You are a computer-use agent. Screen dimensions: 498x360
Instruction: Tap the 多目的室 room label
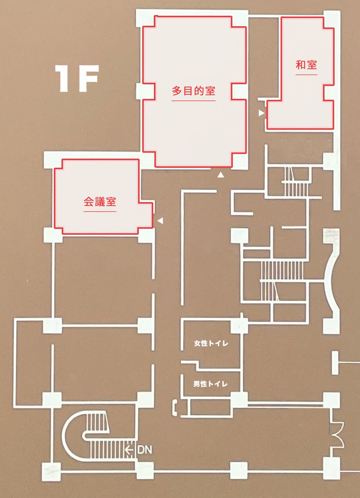[193, 91]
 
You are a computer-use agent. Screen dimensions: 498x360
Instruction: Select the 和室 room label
[306, 65]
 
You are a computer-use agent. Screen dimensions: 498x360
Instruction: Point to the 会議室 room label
[100, 202]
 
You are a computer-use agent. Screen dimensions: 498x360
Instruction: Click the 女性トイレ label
[211, 343]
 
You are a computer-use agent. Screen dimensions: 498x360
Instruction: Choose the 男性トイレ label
[211, 384]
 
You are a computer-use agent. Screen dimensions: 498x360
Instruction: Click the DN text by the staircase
[145, 449]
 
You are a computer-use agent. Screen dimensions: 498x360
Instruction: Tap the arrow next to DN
[129, 449]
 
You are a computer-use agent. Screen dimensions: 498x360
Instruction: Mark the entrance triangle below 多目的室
[221, 174]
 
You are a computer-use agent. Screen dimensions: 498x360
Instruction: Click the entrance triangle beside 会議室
[160, 221]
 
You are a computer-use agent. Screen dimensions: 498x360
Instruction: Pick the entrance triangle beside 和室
[261, 113]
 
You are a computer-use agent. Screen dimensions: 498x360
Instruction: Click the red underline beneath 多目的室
[193, 101]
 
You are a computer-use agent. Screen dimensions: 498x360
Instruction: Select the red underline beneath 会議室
[100, 211]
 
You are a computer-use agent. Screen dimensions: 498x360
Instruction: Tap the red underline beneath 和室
[306, 74]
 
